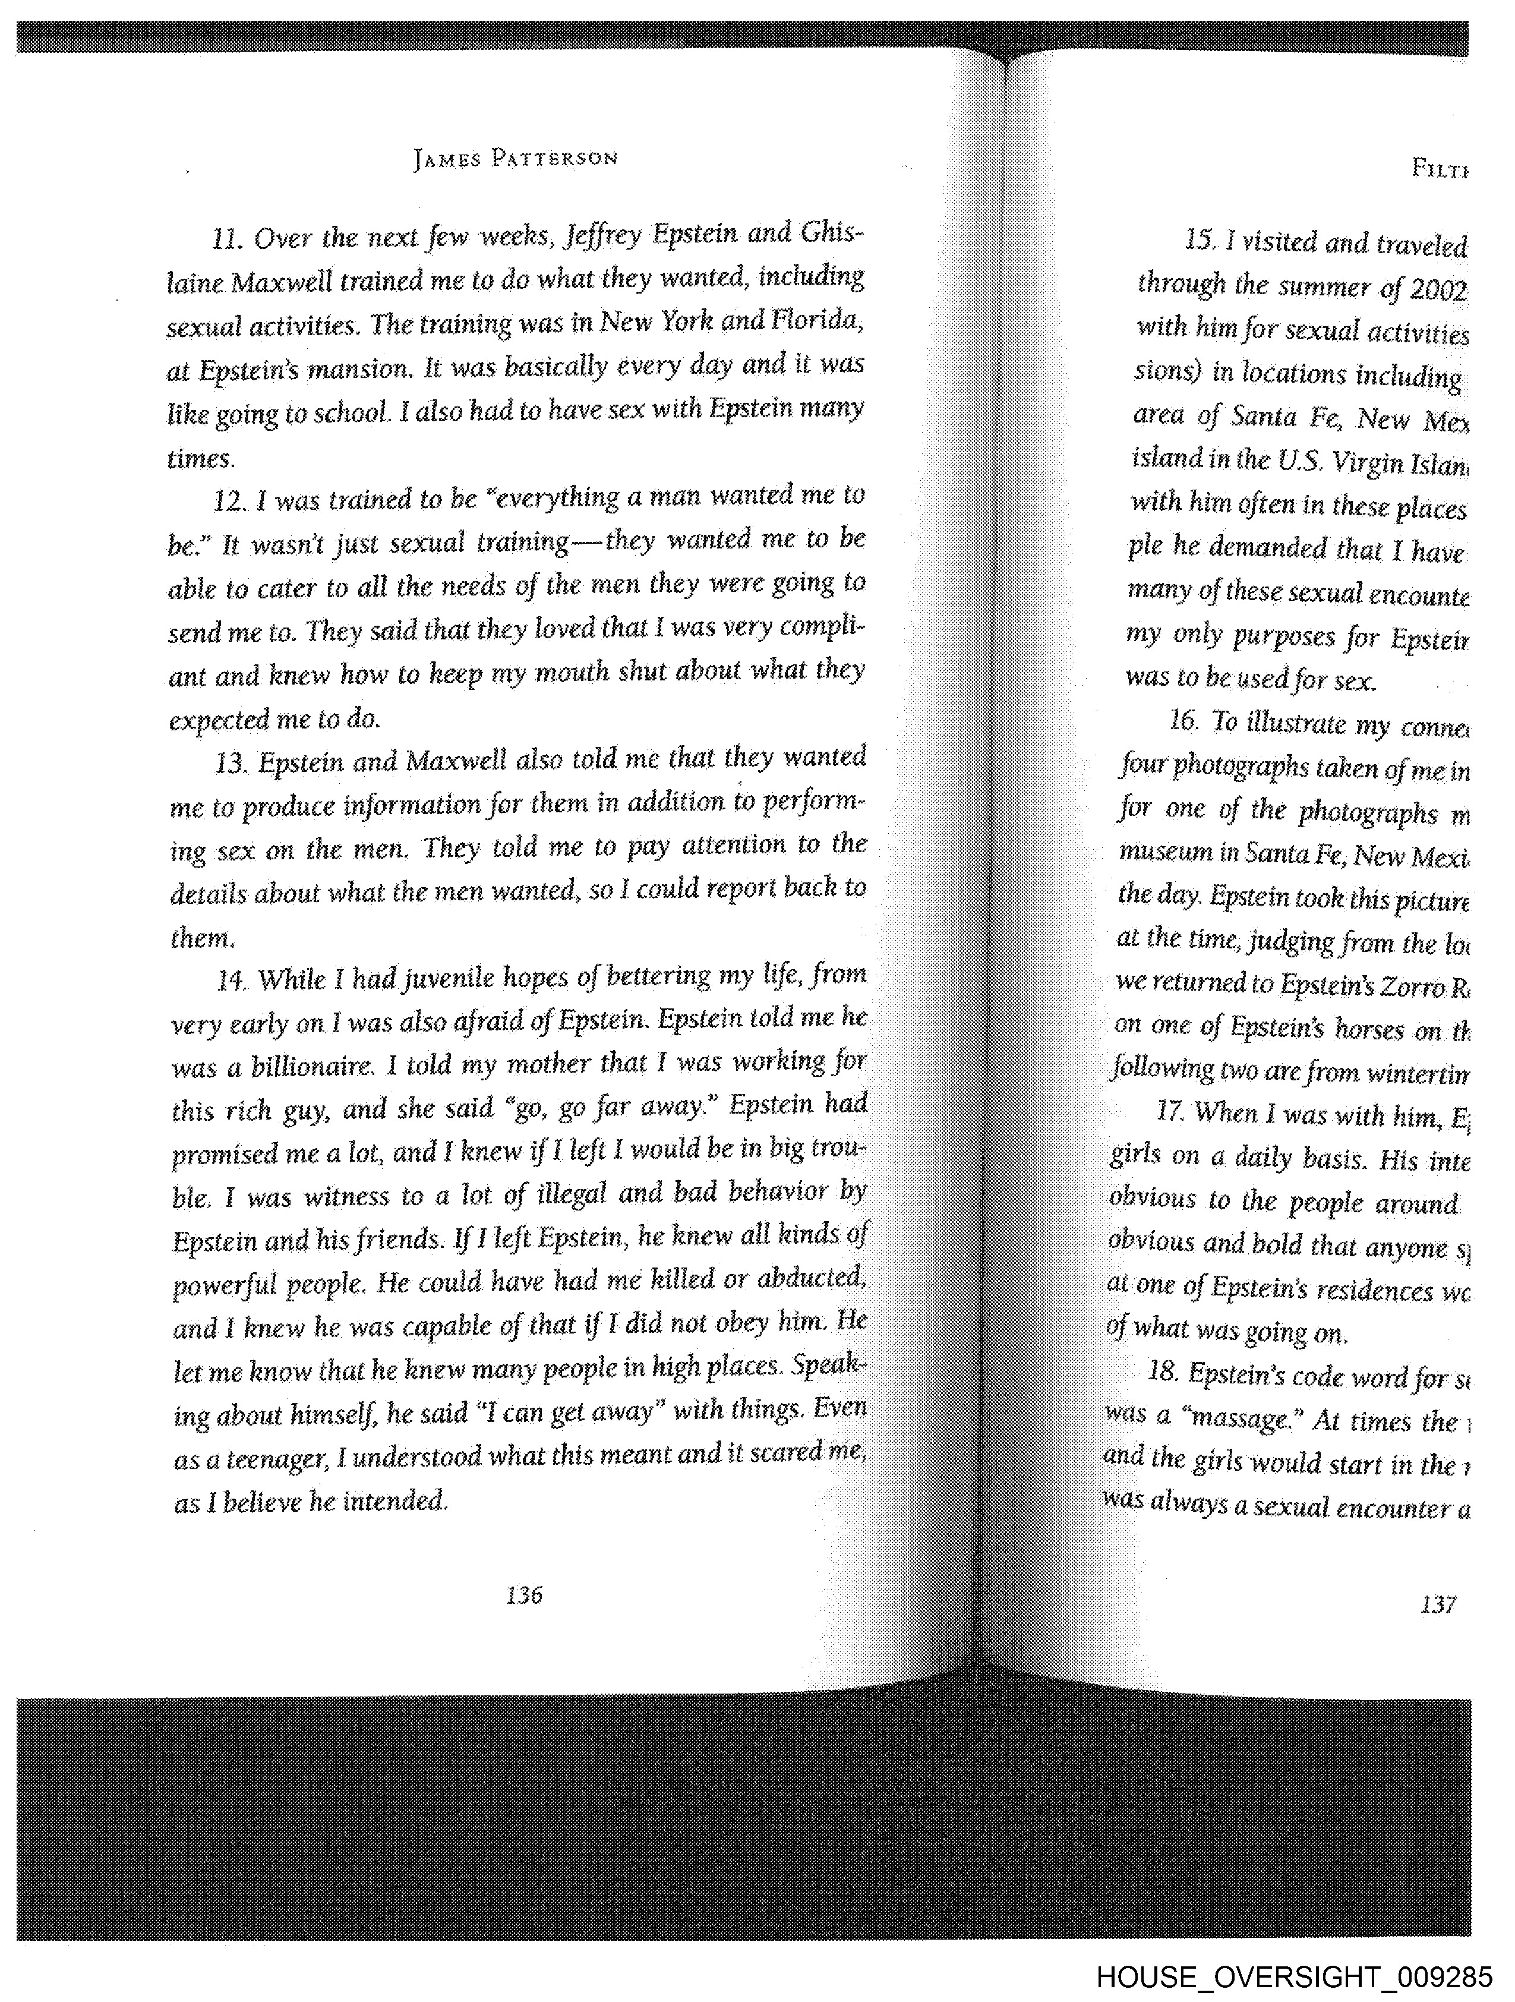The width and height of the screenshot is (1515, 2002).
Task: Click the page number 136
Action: pyautogui.click(x=524, y=1595)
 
